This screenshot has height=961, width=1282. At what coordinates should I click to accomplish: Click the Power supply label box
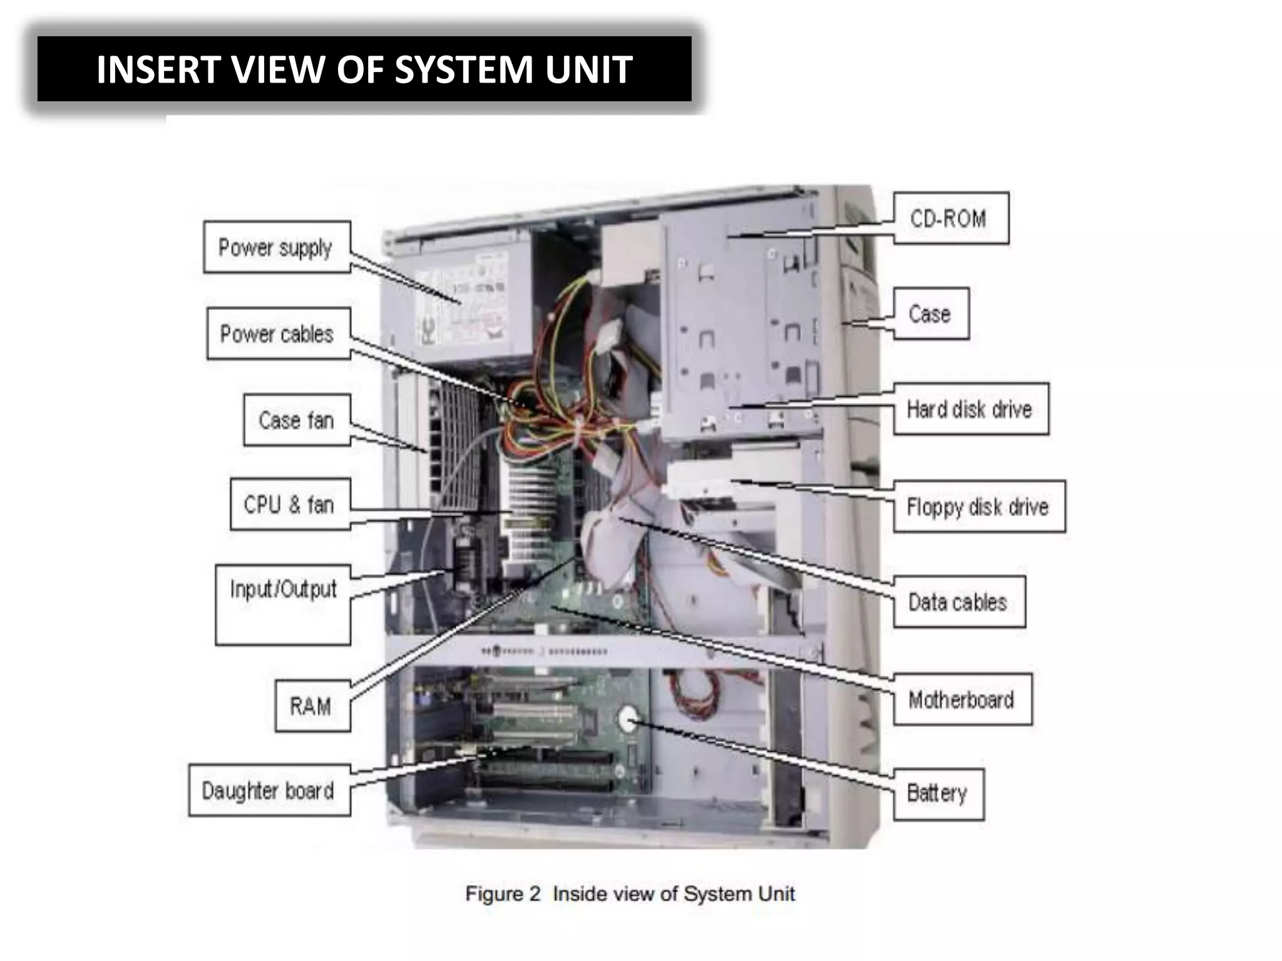(276, 247)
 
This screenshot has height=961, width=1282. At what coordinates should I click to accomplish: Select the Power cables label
(277, 333)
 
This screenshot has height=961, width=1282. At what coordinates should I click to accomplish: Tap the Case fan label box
(296, 420)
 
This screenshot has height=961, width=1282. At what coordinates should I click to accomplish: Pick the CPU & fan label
(289, 504)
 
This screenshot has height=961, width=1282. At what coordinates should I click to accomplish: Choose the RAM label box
(311, 706)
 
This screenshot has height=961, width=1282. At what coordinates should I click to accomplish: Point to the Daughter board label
(269, 790)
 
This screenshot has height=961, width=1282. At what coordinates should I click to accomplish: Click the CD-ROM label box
(950, 218)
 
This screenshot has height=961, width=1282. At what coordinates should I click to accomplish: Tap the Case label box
(930, 313)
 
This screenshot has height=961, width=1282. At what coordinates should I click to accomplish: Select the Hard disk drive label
(970, 409)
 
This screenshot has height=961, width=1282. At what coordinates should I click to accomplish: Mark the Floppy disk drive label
(978, 506)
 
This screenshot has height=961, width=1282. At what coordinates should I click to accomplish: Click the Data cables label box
(958, 602)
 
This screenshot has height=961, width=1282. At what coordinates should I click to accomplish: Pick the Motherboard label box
(961, 699)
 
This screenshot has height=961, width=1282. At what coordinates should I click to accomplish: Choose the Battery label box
(938, 793)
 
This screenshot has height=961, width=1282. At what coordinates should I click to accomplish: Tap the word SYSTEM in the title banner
(464, 69)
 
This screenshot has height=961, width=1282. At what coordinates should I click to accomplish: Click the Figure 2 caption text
(630, 893)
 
